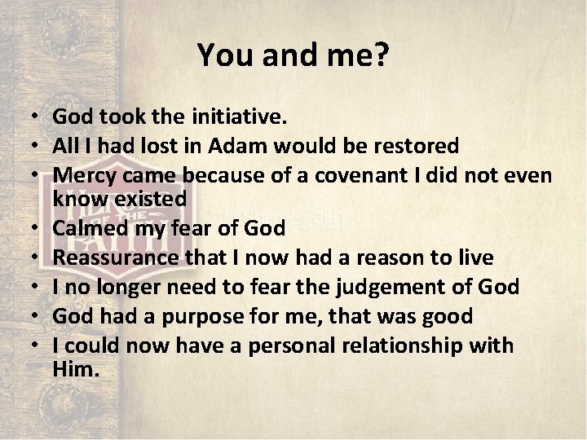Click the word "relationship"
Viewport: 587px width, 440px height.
point(411,345)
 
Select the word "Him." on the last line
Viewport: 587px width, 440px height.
point(76,368)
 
